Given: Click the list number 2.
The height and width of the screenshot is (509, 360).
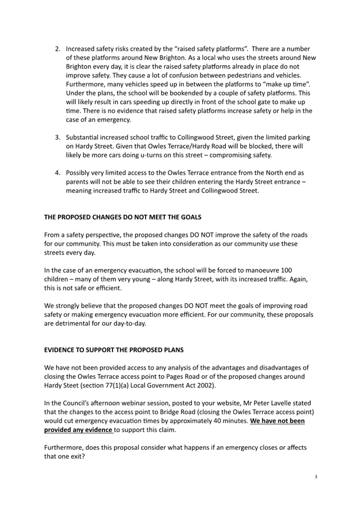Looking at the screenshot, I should pyautogui.click(x=58, y=49).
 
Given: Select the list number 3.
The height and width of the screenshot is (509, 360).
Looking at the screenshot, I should pyautogui.click(x=58, y=138).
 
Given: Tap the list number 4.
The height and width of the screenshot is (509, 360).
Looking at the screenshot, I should pyautogui.click(x=58, y=173).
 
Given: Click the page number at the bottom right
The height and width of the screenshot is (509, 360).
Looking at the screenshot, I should pyautogui.click(x=316, y=476).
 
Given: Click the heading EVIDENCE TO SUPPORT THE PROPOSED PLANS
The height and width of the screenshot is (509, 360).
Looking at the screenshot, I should pyautogui.click(x=114, y=350).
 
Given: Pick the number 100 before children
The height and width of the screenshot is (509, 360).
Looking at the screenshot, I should pyautogui.click(x=285, y=270).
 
